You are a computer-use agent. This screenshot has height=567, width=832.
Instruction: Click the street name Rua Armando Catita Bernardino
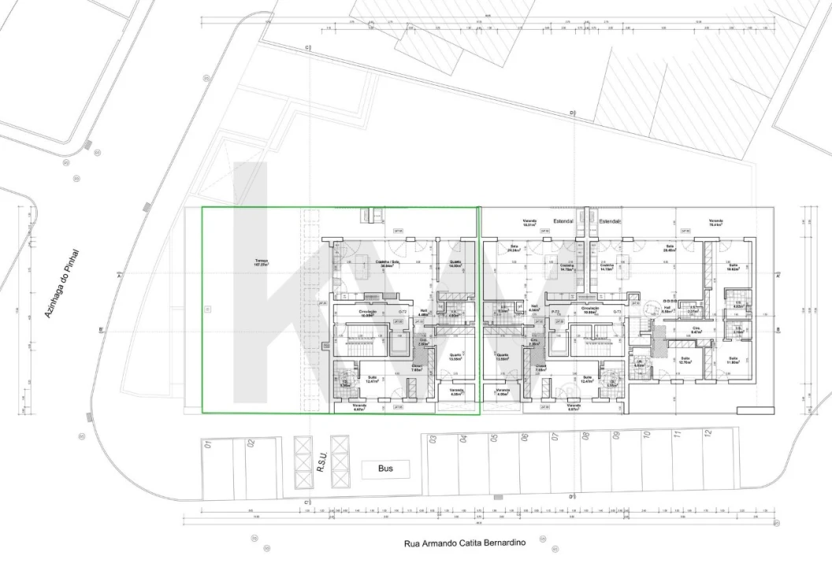464,543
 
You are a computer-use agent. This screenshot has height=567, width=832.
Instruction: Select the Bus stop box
385,469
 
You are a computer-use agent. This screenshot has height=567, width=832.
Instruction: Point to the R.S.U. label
321,461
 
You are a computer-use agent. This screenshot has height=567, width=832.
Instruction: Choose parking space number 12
708,433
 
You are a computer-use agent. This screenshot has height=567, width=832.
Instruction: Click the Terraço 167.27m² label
262,263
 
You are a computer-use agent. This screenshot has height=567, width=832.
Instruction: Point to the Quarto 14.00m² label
455,264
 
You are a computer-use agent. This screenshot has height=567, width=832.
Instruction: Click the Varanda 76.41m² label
715,223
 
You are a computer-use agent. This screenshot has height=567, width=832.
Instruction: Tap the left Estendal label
564,222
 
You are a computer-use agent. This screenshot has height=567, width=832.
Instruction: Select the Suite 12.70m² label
685,361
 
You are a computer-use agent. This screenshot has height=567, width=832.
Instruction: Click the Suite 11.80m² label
734,361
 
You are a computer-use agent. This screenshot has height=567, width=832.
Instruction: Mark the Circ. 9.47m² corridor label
696,330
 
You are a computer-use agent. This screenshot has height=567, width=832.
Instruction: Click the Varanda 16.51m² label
529,223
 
